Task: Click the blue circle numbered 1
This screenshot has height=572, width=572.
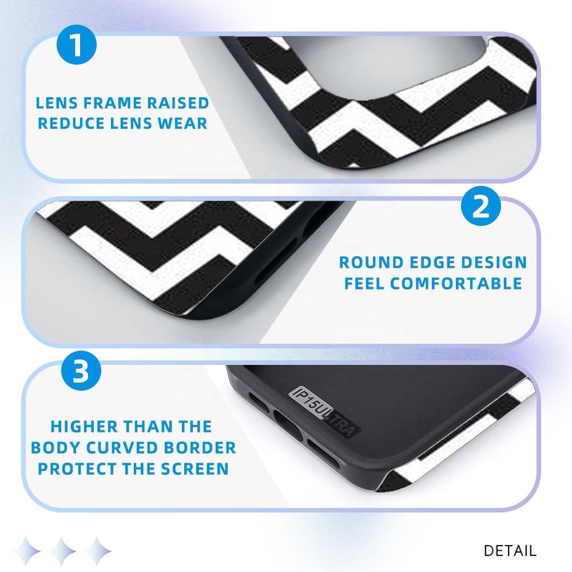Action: [77, 45]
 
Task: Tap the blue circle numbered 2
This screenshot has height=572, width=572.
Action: [481, 206]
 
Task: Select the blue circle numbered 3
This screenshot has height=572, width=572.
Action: [81, 371]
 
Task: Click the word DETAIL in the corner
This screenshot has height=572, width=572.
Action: [510, 550]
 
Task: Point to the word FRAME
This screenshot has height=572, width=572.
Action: [112, 103]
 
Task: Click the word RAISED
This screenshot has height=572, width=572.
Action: [178, 103]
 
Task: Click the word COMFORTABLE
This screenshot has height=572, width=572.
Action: [456, 284]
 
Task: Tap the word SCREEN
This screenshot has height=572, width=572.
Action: [195, 469]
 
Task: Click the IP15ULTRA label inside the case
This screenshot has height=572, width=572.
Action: [324, 411]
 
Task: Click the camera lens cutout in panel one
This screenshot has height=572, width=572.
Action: [390, 66]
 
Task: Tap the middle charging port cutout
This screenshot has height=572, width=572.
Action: [288, 424]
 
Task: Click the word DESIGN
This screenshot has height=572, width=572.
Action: [494, 263]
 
